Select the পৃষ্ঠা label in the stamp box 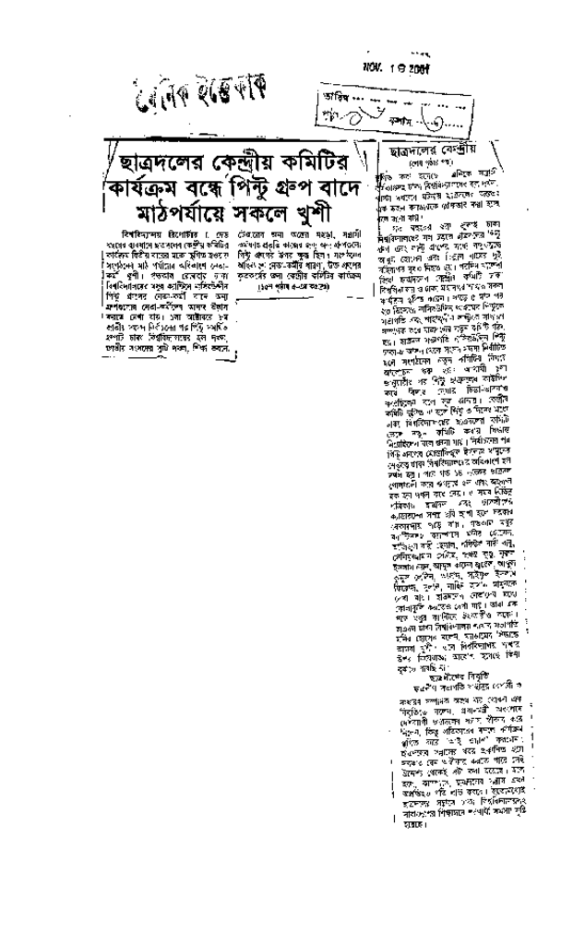328,120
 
